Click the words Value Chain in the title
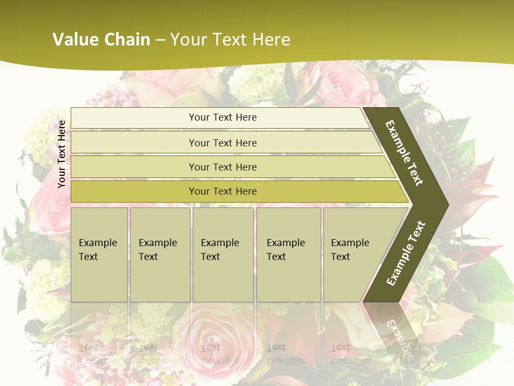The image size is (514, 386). coord(101,40)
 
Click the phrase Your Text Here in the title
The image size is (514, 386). coord(230,40)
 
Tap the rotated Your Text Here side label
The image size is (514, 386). coord(62,154)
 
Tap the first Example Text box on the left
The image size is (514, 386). coord(99,254)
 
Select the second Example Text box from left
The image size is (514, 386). coord(160,254)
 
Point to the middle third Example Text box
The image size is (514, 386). coord(223,254)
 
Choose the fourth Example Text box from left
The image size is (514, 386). coord(289,254)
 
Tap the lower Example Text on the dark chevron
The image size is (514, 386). coord(406,253)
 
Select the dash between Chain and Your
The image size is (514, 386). coord(160,40)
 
